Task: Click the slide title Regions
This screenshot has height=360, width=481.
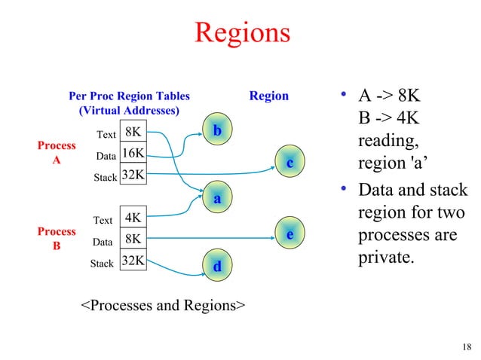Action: pos(241,32)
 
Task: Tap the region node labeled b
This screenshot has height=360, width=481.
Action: pos(217,131)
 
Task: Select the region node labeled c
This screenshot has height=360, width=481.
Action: pos(289,162)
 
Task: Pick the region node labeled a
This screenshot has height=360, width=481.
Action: pos(217,199)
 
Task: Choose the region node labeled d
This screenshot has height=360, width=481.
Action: pos(217,266)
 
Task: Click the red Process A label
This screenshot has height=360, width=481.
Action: pos(57,153)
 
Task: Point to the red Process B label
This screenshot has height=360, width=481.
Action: pos(57,239)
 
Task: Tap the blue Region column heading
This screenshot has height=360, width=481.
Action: pos(268,96)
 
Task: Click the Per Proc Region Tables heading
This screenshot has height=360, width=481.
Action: pos(129,96)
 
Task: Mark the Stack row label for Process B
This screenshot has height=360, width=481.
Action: pos(102,264)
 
